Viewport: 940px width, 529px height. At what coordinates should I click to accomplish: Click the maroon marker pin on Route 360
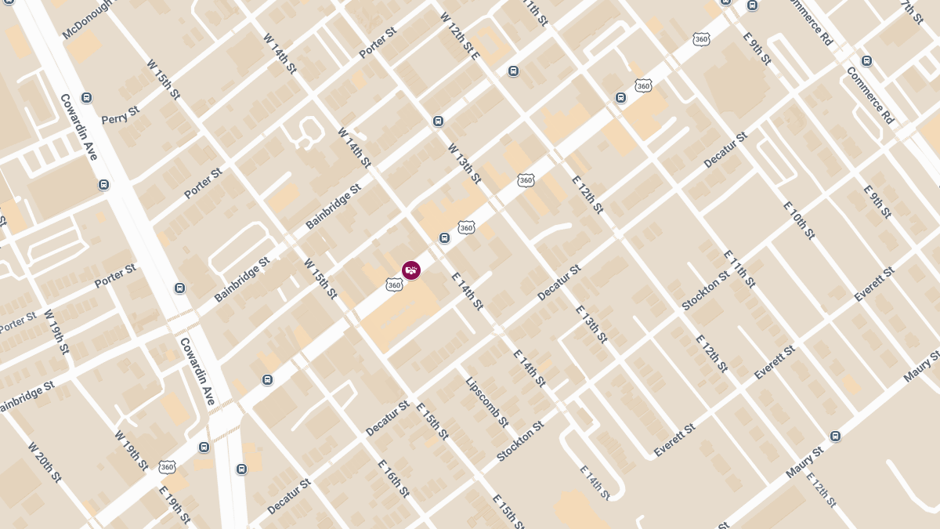coord(410,270)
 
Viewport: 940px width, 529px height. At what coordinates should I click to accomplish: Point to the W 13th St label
coord(464,163)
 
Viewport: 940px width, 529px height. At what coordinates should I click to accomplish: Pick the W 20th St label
coord(44,463)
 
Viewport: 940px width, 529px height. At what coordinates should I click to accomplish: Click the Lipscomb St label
coord(487,402)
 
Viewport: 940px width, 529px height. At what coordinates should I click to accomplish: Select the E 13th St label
coord(591,324)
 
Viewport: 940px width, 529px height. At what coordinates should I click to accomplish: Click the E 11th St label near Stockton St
coord(739,269)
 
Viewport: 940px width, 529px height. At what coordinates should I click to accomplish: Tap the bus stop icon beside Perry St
coord(86,98)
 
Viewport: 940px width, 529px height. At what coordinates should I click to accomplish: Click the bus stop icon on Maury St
coord(836,436)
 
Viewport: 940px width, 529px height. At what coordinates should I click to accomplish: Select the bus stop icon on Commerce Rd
coord(866,60)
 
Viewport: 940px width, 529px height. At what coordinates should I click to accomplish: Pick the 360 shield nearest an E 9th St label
coord(701,38)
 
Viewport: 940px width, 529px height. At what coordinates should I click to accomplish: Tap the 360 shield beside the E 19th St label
coord(166,467)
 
